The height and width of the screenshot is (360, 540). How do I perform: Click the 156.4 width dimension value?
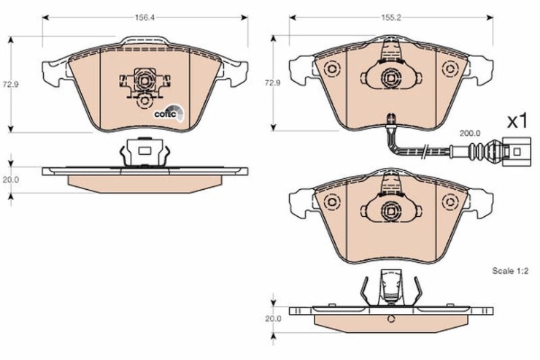[144, 18]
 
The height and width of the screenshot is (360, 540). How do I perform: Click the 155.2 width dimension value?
[391, 18]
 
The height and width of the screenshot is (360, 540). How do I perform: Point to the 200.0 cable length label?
[470, 133]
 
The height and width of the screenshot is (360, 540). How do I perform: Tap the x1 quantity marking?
[517, 121]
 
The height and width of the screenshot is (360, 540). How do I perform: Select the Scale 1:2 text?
[510, 271]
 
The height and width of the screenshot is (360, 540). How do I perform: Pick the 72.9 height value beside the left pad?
[11, 85]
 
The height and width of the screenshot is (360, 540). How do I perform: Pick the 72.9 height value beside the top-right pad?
[272, 83]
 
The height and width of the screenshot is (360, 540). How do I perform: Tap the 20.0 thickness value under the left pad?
[11, 180]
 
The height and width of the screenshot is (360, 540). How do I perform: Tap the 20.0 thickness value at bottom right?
[273, 318]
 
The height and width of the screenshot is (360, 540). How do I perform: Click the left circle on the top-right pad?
[332, 69]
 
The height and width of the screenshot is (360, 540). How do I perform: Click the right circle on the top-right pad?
[450, 69]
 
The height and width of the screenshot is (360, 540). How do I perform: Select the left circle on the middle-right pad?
[332, 202]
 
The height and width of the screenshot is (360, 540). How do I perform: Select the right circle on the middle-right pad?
[450, 202]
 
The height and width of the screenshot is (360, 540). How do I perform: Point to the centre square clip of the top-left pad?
[144, 80]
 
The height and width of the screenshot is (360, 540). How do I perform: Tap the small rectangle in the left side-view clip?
[144, 150]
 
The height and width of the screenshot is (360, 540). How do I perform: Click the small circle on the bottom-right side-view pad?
[391, 319]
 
